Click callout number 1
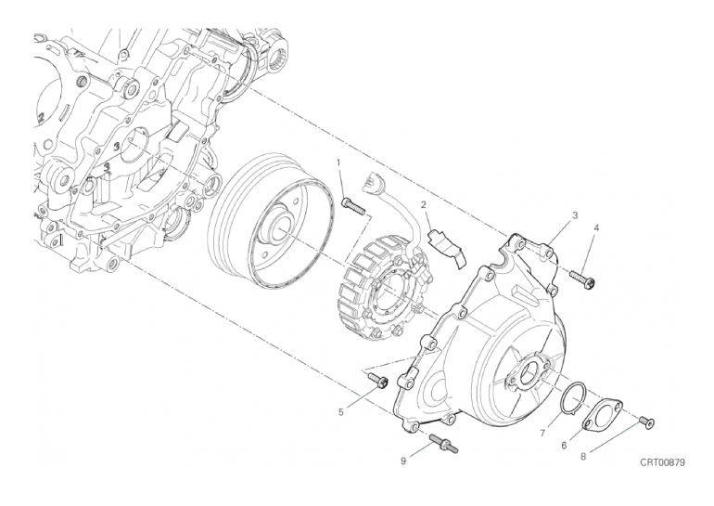(x=338, y=162)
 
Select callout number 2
(x=423, y=205)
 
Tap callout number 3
(x=575, y=215)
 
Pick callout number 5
(x=340, y=412)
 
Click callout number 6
(x=564, y=446)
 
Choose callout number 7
(x=542, y=434)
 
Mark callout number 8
(x=583, y=457)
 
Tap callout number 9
(x=403, y=461)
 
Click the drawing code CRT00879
(x=662, y=462)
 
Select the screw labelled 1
(x=353, y=205)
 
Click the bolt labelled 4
(x=580, y=279)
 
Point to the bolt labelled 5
(x=377, y=380)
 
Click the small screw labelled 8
(x=646, y=424)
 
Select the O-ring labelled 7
(x=575, y=397)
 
